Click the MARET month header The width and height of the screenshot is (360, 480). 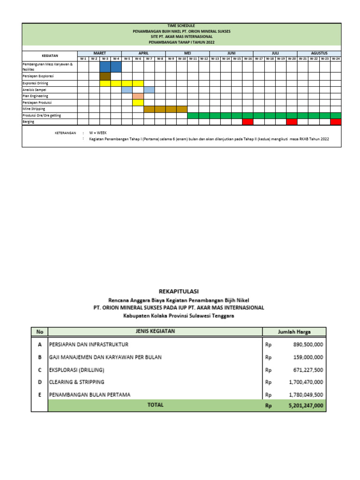[x=99, y=53]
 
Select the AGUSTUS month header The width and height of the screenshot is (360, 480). [x=319, y=53]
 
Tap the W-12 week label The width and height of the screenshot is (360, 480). [x=204, y=59]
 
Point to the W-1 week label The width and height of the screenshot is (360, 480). [x=83, y=59]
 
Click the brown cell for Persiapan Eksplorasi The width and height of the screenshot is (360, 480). [x=105, y=76]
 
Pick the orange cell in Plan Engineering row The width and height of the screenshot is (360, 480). [x=138, y=96]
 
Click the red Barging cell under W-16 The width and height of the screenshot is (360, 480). [x=247, y=122]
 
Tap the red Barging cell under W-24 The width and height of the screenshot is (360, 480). [x=336, y=122]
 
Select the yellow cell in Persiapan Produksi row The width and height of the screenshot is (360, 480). [x=138, y=102]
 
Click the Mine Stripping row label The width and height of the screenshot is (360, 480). [x=34, y=109]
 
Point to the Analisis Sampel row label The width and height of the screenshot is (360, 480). [x=34, y=89]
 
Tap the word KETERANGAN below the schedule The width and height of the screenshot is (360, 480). [x=65, y=133]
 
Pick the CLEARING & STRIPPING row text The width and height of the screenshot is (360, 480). [x=77, y=382]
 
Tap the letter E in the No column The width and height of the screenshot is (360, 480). [x=40, y=395]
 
